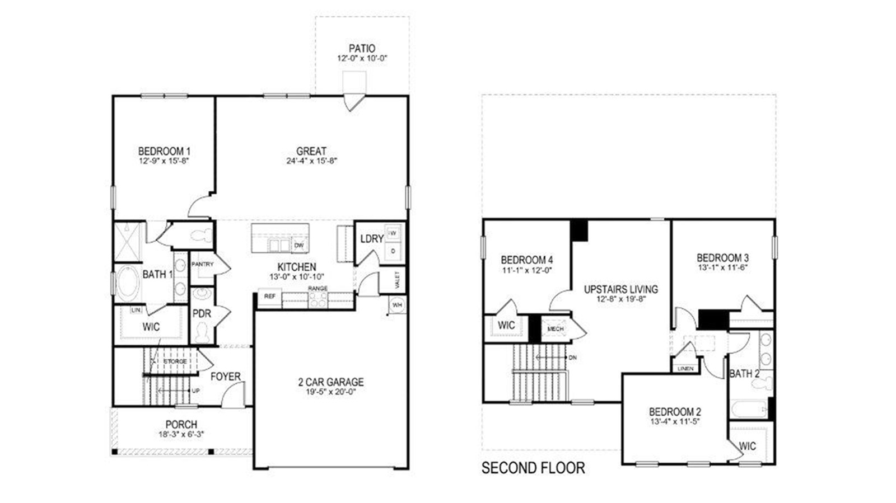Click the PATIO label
click(362, 49)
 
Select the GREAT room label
click(311, 151)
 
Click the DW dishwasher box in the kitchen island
click(299, 245)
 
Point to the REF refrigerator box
click(269, 297)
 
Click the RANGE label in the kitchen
click(318, 288)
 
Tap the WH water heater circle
click(397, 305)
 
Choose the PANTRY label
click(202, 264)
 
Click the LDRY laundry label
click(371, 239)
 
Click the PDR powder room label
click(202, 314)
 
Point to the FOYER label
click(225, 377)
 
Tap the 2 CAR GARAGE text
click(330, 382)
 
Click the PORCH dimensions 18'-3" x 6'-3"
click(181, 434)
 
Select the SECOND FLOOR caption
click(533, 468)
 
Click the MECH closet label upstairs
click(556, 329)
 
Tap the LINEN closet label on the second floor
click(685, 369)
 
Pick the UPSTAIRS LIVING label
click(620, 289)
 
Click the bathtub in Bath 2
click(748, 409)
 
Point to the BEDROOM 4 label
click(526, 260)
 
